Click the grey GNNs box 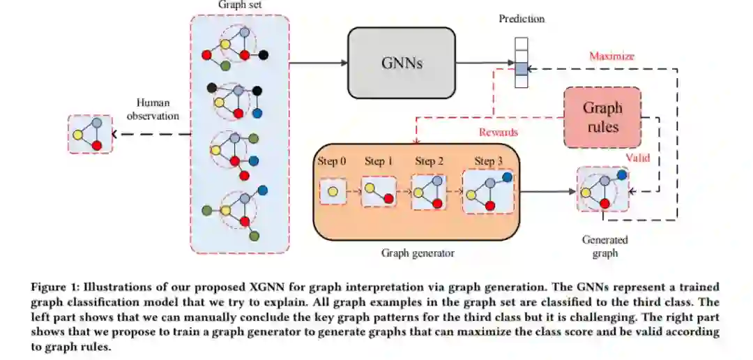[402, 63]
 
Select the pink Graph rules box [602, 117]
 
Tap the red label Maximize [612, 57]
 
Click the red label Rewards [499, 132]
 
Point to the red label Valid [638, 158]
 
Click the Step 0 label [331, 161]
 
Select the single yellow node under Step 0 [333, 191]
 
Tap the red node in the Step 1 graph [388, 197]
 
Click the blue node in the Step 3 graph [507, 177]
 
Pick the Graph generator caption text [418, 253]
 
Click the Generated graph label [605, 246]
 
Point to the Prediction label [522, 20]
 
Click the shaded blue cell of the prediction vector [521, 69]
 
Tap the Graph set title [240, 5]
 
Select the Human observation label [153, 109]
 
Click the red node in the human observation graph [97, 145]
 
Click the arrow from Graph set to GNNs [319, 63]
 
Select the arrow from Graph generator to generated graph [547, 191]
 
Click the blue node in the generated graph [621, 175]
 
